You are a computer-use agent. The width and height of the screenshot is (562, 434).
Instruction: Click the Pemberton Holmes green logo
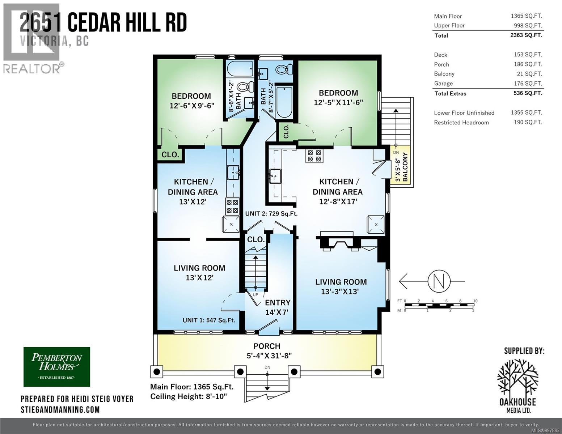[57, 367]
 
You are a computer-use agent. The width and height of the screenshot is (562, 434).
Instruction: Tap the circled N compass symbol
[439, 281]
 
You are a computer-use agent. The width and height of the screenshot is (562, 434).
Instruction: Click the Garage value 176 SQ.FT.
[528, 83]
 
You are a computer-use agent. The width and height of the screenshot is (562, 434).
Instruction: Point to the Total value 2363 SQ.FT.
[526, 35]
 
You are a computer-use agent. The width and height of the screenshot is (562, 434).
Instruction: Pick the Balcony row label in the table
[444, 74]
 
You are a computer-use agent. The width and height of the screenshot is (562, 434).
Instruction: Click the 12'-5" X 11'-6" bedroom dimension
[338, 103]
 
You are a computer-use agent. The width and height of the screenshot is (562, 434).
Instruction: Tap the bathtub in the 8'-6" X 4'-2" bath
[240, 68]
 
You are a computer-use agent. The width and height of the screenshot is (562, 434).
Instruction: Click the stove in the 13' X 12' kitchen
[232, 207]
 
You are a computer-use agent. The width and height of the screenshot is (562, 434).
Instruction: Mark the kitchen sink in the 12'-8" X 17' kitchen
[275, 176]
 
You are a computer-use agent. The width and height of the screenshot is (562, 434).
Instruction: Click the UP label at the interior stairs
[255, 295]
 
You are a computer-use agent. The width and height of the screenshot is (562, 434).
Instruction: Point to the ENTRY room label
[278, 302]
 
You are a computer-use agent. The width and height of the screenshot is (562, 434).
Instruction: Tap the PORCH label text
[267, 346]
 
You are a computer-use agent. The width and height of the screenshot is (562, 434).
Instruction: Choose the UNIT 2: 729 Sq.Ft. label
[271, 214]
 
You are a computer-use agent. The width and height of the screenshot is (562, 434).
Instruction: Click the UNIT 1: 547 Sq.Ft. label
[209, 320]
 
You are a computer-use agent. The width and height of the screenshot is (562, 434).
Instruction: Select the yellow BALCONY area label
[405, 167]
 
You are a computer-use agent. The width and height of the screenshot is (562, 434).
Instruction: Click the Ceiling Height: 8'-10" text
[189, 396]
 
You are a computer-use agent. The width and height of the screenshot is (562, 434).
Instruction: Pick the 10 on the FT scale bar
[476, 301]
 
